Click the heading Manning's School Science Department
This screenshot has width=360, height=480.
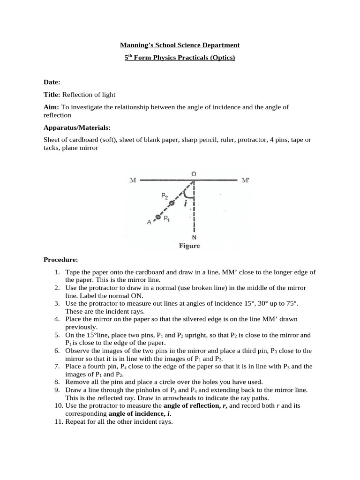(x=180, y=45)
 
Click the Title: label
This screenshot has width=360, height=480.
(x=52, y=95)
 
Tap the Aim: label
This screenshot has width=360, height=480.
(x=52, y=107)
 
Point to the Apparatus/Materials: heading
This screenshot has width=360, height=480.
(x=77, y=127)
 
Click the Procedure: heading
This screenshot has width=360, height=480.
(x=60, y=259)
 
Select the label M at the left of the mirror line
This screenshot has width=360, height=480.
(x=132, y=180)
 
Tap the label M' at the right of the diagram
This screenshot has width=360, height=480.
(x=246, y=180)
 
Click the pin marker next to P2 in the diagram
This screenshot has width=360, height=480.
(x=172, y=203)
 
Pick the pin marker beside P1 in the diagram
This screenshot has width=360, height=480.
(x=158, y=217)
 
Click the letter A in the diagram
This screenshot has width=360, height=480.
(x=149, y=223)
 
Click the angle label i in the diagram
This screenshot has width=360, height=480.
(x=186, y=203)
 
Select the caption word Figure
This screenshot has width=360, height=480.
(x=189, y=246)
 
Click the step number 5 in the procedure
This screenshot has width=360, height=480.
(x=57, y=336)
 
